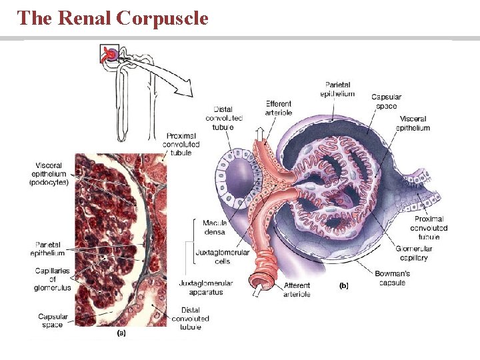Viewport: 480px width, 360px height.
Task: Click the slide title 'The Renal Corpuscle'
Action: [x=113, y=18]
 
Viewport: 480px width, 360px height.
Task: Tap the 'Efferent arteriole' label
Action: [x=279, y=108]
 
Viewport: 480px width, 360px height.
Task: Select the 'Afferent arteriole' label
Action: [x=297, y=290]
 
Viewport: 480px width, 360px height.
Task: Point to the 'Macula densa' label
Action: [x=214, y=227]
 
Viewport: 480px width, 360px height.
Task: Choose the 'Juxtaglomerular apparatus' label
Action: [x=206, y=287]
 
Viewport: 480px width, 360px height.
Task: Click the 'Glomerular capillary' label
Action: [x=414, y=253]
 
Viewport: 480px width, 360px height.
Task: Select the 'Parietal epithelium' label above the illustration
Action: [x=338, y=89]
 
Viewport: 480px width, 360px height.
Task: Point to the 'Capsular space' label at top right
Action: [x=386, y=101]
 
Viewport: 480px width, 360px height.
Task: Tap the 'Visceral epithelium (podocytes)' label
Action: [x=49, y=174]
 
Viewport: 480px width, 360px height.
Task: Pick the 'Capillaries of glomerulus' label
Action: [x=52, y=279]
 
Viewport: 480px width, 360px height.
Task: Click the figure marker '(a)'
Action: [x=122, y=332]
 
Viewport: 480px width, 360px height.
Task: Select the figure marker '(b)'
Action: [x=344, y=285]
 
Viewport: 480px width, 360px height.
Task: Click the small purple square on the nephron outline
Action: [x=109, y=53]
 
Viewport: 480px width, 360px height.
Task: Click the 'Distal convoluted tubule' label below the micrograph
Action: [x=190, y=318]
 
